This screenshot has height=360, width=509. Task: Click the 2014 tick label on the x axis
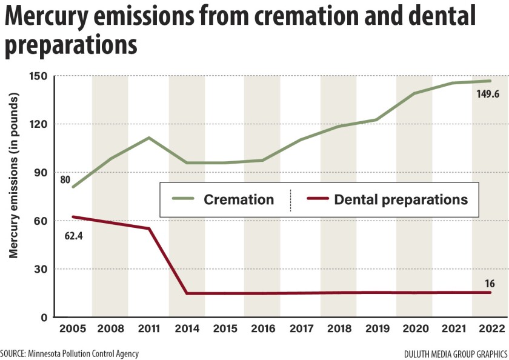(187, 329)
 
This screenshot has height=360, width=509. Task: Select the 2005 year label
(72, 329)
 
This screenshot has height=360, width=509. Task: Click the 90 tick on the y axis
(41, 173)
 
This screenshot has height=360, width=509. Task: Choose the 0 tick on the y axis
(44, 317)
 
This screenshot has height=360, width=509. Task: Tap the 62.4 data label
(73, 233)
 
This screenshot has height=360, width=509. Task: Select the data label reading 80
(65, 179)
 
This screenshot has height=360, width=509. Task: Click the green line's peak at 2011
(148, 138)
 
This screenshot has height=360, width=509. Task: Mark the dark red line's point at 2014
(187, 293)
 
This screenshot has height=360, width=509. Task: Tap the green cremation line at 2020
(414, 93)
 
